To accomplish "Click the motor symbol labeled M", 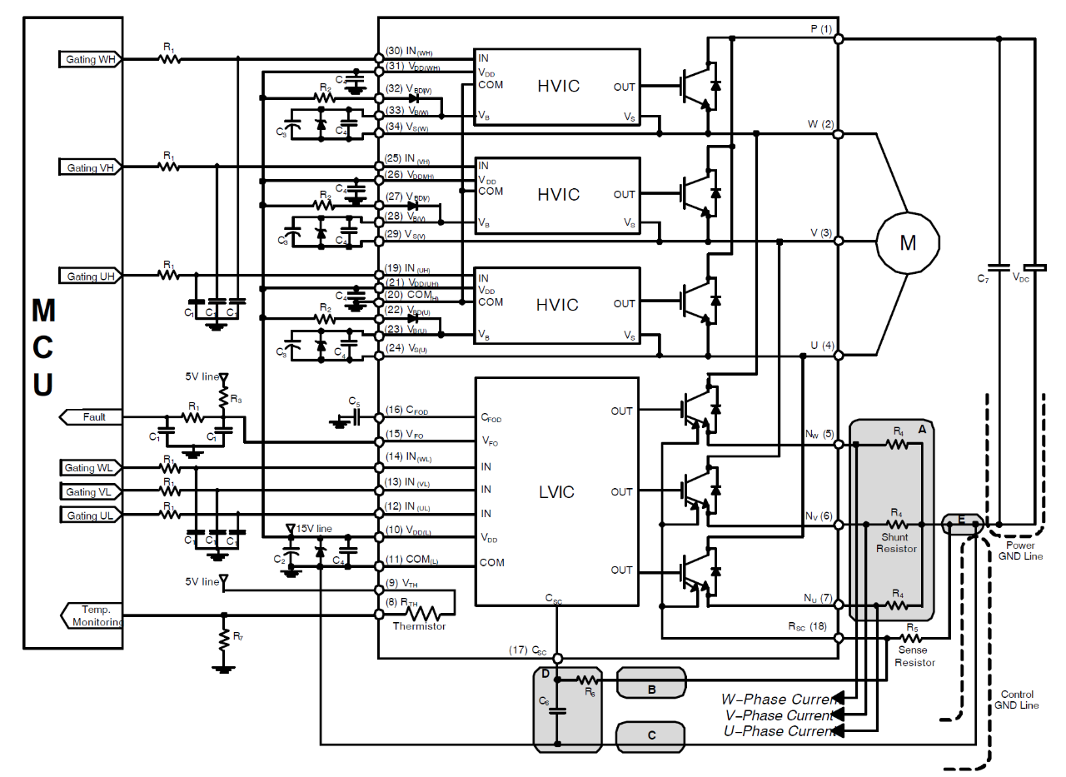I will [x=907, y=242].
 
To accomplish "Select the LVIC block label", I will [x=557, y=492].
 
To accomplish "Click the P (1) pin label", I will [x=820, y=29].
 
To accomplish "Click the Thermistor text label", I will [x=419, y=626].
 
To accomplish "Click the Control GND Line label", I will [x=1016, y=700].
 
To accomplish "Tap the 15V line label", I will [x=314, y=529].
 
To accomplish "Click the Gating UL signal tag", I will [x=91, y=516].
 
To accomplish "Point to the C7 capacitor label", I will [x=983, y=277].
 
